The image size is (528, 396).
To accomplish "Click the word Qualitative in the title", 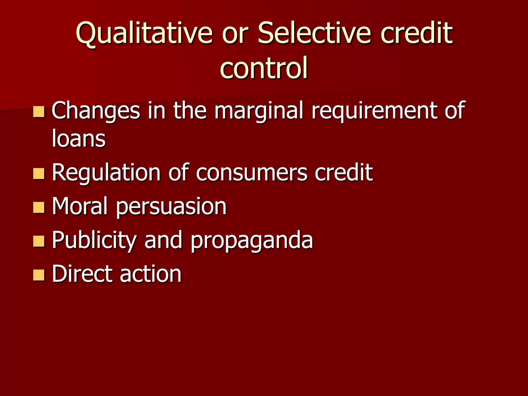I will point(144,34).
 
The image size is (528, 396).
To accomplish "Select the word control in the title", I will point(264,68).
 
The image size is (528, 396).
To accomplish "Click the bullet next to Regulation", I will point(39,174).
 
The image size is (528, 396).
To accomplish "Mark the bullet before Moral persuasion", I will point(39,207).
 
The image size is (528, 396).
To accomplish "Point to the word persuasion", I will point(171,207).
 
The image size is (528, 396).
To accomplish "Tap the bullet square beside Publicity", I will point(39,241).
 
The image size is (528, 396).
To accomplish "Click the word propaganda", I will point(252,241).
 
